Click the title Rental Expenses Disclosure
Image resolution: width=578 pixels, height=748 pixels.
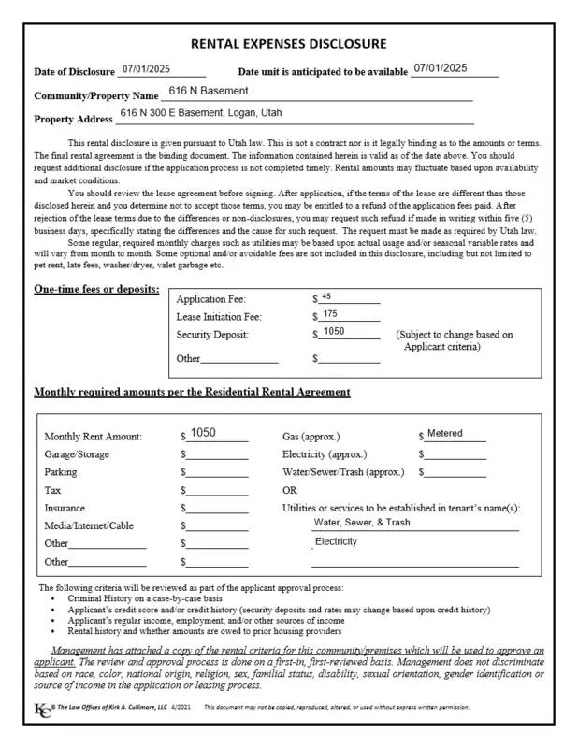(x=288, y=44)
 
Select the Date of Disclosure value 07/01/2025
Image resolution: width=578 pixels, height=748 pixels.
(x=142, y=69)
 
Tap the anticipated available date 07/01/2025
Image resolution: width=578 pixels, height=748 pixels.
(x=440, y=68)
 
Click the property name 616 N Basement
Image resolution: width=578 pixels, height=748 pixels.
(x=209, y=91)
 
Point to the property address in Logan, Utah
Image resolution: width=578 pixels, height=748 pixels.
(x=200, y=113)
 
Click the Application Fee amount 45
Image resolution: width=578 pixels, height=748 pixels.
(x=326, y=296)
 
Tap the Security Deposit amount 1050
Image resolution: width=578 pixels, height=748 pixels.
(x=334, y=332)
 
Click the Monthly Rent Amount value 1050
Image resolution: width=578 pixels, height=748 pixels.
(x=203, y=433)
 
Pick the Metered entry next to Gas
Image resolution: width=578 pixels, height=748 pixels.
(x=444, y=434)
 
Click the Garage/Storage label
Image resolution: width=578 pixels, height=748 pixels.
(x=77, y=454)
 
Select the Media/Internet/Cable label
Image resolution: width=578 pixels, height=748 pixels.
(x=89, y=525)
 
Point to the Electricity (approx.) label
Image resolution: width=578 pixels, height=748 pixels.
(x=325, y=454)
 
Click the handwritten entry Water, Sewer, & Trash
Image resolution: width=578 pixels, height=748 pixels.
(x=362, y=523)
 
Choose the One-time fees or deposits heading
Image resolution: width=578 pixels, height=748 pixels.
(x=96, y=289)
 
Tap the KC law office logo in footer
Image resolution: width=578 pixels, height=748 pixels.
(x=42, y=708)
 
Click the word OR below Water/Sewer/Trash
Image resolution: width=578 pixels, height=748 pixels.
(x=290, y=490)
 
